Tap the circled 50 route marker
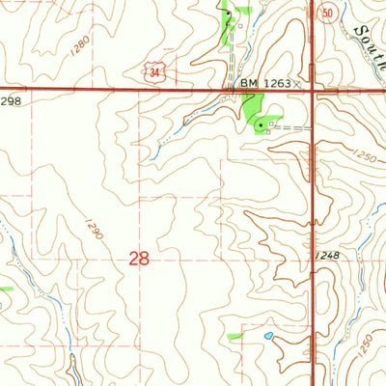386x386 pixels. point(328,14)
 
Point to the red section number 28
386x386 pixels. point(138,258)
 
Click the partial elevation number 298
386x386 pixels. point(11,100)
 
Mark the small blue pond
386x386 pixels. point(267,337)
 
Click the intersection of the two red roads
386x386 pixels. point(314,92)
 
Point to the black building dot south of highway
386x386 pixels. point(260,124)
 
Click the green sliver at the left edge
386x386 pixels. point(5,288)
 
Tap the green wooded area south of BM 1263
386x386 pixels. point(256,118)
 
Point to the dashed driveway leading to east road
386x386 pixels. point(294,125)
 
